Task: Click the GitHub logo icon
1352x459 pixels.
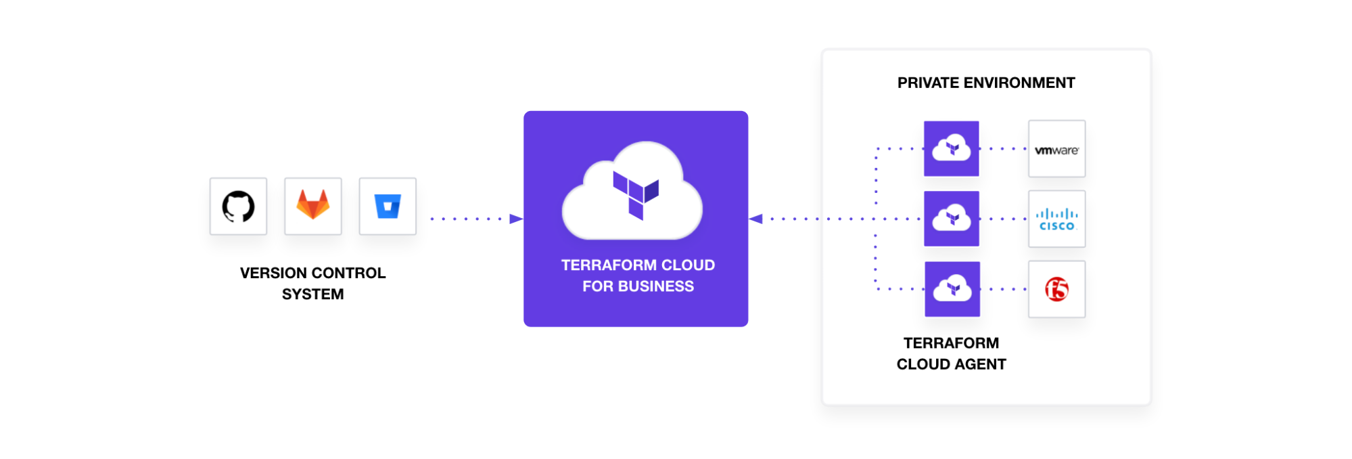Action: pos(238,206)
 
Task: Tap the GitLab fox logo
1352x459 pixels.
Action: pos(313,205)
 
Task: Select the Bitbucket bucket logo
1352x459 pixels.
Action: pos(388,206)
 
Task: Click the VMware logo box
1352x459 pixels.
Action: pos(1056,150)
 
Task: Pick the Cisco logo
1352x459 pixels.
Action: pos(1056,219)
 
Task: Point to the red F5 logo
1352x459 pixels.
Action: pos(1056,290)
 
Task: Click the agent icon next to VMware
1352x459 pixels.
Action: pos(952,149)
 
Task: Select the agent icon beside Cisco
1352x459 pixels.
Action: pos(952,219)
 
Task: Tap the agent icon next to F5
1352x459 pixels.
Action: pos(952,289)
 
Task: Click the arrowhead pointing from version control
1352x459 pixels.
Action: pos(516,219)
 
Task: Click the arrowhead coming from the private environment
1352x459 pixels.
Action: pos(756,219)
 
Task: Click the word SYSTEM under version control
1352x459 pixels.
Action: pos(312,294)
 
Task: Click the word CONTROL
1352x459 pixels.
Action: pos(350,274)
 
